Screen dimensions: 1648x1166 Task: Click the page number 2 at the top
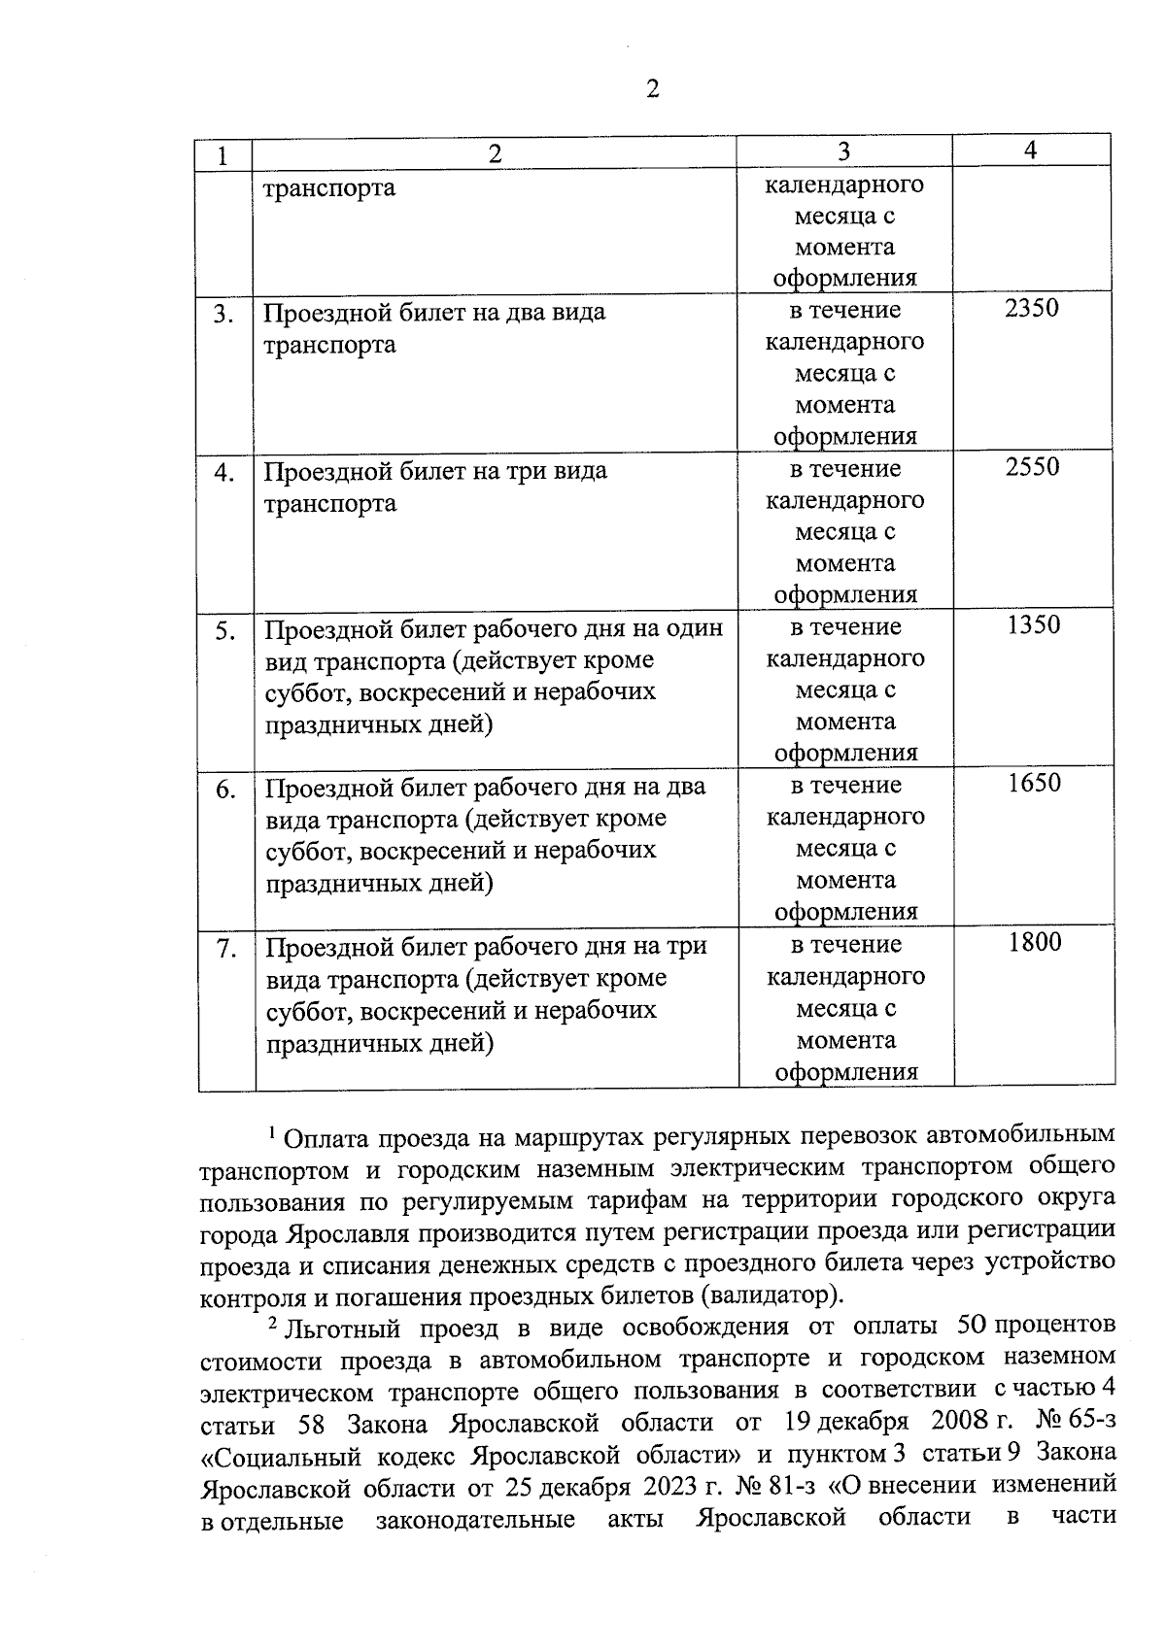coord(651,90)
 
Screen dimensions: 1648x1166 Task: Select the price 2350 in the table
coord(1032,309)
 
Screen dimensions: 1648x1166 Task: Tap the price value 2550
coord(1032,467)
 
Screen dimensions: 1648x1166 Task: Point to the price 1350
coord(1033,625)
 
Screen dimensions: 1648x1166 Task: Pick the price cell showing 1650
coord(1034,783)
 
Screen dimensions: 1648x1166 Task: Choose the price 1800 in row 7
coord(1035,942)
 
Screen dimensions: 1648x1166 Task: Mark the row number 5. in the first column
coord(225,632)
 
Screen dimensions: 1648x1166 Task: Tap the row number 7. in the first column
coord(226,949)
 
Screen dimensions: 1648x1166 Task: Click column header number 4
coord(1030,150)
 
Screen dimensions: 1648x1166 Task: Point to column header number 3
coord(842,151)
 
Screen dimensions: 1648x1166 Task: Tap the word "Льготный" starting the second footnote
coord(344,1328)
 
